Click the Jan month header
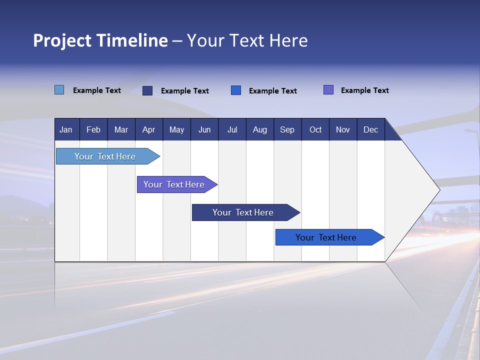click(66, 129)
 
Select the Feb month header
click(93, 129)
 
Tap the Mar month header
click(121, 129)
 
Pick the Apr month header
click(149, 129)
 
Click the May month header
click(176, 129)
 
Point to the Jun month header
click(204, 129)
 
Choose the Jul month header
click(232, 129)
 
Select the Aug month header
click(260, 129)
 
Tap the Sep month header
click(287, 129)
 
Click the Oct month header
click(315, 129)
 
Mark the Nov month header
click(343, 129)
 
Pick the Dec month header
click(371, 129)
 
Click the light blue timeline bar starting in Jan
click(105, 156)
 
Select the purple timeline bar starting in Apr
click(174, 184)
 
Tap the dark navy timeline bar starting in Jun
click(243, 212)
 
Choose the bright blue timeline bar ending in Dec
click(326, 237)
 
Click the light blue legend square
click(59, 90)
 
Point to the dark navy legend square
click(147, 90)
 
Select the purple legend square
click(328, 90)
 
